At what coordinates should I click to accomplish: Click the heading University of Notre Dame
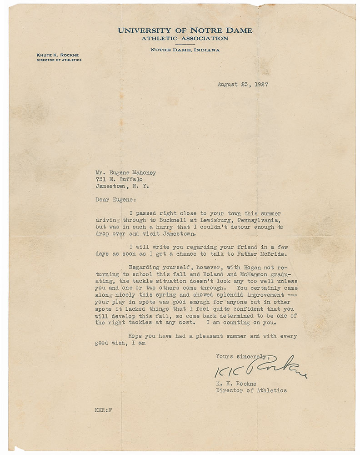(185, 30)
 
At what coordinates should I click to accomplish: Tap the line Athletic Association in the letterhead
(185, 39)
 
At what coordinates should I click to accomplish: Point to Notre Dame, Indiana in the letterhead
(185, 50)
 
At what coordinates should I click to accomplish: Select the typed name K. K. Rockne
(237, 384)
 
